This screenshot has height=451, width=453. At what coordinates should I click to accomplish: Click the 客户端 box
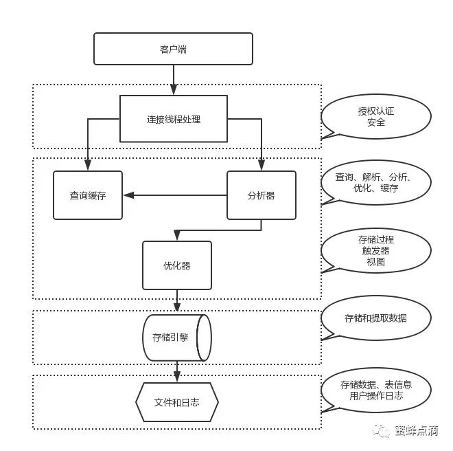[173, 49]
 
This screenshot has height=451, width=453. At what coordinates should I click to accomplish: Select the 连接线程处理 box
[173, 119]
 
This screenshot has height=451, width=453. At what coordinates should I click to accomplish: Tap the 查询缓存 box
[88, 195]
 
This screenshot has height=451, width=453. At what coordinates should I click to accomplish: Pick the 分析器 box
[261, 195]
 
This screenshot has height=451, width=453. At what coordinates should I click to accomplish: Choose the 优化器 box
[176, 265]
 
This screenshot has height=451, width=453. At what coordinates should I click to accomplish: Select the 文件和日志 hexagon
[176, 402]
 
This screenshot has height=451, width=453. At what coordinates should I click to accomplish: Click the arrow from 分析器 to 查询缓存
[175, 195]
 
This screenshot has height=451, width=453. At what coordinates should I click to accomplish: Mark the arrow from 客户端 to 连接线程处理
[173, 79]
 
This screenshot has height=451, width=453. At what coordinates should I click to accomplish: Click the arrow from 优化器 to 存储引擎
[176, 301]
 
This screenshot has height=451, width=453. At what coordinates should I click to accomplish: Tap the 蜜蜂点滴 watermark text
[416, 432]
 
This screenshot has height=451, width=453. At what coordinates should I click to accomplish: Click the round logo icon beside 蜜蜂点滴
[380, 432]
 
